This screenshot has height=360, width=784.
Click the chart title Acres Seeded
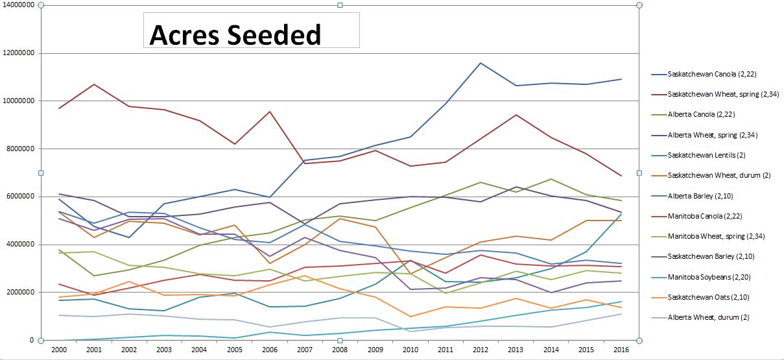click(235, 35)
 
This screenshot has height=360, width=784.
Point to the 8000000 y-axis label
click(19, 149)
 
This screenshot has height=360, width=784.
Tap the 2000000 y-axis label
click(19, 292)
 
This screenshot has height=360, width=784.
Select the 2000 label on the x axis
click(58, 349)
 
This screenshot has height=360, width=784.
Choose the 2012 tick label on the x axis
click(481, 349)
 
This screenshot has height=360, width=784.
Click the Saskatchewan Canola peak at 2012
click(481, 63)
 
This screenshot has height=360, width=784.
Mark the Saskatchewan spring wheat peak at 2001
click(94, 84)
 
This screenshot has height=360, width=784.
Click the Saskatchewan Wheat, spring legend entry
click(714, 95)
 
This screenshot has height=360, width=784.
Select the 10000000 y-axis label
click(18, 101)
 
